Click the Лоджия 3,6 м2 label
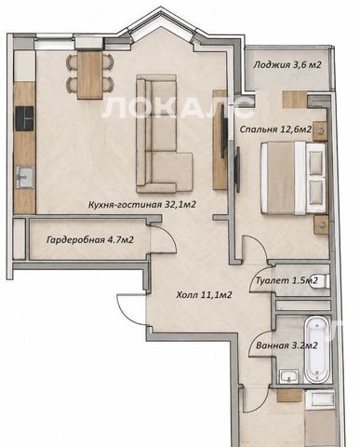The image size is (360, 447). point(287,65)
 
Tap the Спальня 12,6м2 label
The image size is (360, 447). point(275,129)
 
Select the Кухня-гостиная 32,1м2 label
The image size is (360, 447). point(142,205)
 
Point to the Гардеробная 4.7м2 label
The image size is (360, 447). point(90,240)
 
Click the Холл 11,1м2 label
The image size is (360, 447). point(204,295)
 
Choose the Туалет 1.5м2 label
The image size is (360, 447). point(287,280)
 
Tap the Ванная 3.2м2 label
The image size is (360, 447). point(287,345)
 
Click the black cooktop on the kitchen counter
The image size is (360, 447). point(24,119)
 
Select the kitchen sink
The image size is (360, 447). point(25,177)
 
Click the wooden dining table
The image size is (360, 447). point(89,74)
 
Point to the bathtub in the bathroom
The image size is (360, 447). point(316,349)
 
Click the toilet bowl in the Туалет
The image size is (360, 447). point(322,281)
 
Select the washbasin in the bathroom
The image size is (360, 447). point(289,376)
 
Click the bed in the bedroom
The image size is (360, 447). point(294,178)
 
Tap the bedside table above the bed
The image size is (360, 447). point(320,131)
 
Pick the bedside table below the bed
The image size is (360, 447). point(321,225)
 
